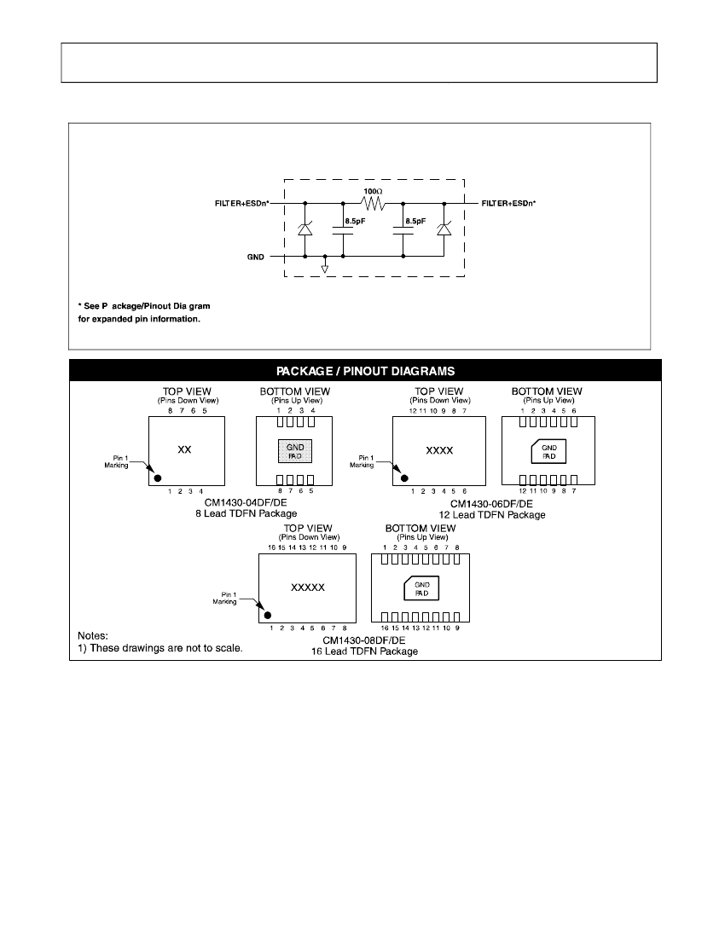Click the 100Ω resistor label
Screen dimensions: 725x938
pyautogui.click(x=373, y=191)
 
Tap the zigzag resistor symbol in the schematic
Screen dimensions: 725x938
pyautogui.click(x=374, y=204)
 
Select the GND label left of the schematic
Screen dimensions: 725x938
pyautogui.click(x=255, y=258)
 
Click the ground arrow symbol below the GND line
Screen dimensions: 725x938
pyautogui.click(x=325, y=269)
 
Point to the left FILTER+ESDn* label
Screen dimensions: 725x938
pyautogui.click(x=242, y=204)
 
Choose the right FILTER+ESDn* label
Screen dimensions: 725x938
pyautogui.click(x=508, y=204)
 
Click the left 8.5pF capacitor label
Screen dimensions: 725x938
pyautogui.click(x=355, y=221)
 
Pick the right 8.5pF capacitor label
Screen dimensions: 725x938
pyautogui.click(x=415, y=221)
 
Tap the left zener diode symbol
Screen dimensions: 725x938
pyautogui.click(x=305, y=229)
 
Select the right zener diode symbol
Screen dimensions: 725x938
pyautogui.click(x=444, y=229)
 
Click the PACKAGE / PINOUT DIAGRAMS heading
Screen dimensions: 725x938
pyautogui.click(x=366, y=371)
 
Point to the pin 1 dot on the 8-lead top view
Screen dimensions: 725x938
pyautogui.click(x=158, y=478)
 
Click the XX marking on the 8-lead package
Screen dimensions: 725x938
pyautogui.click(x=184, y=450)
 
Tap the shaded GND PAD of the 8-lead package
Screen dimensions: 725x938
pyautogui.click(x=295, y=451)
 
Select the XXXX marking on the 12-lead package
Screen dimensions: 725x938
pyautogui.click(x=439, y=450)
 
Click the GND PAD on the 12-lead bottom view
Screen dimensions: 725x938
pyautogui.click(x=548, y=452)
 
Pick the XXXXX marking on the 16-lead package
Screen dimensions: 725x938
pyautogui.click(x=307, y=588)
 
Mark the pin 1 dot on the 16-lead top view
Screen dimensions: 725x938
pyautogui.click(x=267, y=615)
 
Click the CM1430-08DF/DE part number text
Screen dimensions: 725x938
pyautogui.click(x=363, y=640)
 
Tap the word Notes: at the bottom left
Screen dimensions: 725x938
pyautogui.click(x=93, y=636)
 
